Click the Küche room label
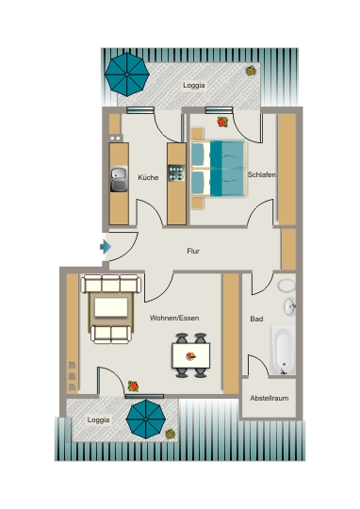pos(148,177)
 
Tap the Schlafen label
pos(262,174)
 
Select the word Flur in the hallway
pos(193,251)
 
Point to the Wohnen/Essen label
pos(174,318)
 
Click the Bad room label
pos(256,320)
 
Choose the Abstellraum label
pos(270,398)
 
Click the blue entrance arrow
pos(106,247)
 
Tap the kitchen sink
pos(119,179)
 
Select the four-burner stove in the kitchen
pos(176,173)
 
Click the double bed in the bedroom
pos(218,168)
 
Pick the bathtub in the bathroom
pos(284,350)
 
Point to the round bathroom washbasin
pos(290,306)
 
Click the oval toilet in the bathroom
pos(286,286)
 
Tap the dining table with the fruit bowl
pos(191,355)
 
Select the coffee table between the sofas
pos(111,307)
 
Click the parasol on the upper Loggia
pos(127,74)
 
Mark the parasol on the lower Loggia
pos(146,419)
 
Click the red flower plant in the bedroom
pos(222,122)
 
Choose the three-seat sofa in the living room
pos(111,284)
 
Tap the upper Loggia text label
pos(194,85)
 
